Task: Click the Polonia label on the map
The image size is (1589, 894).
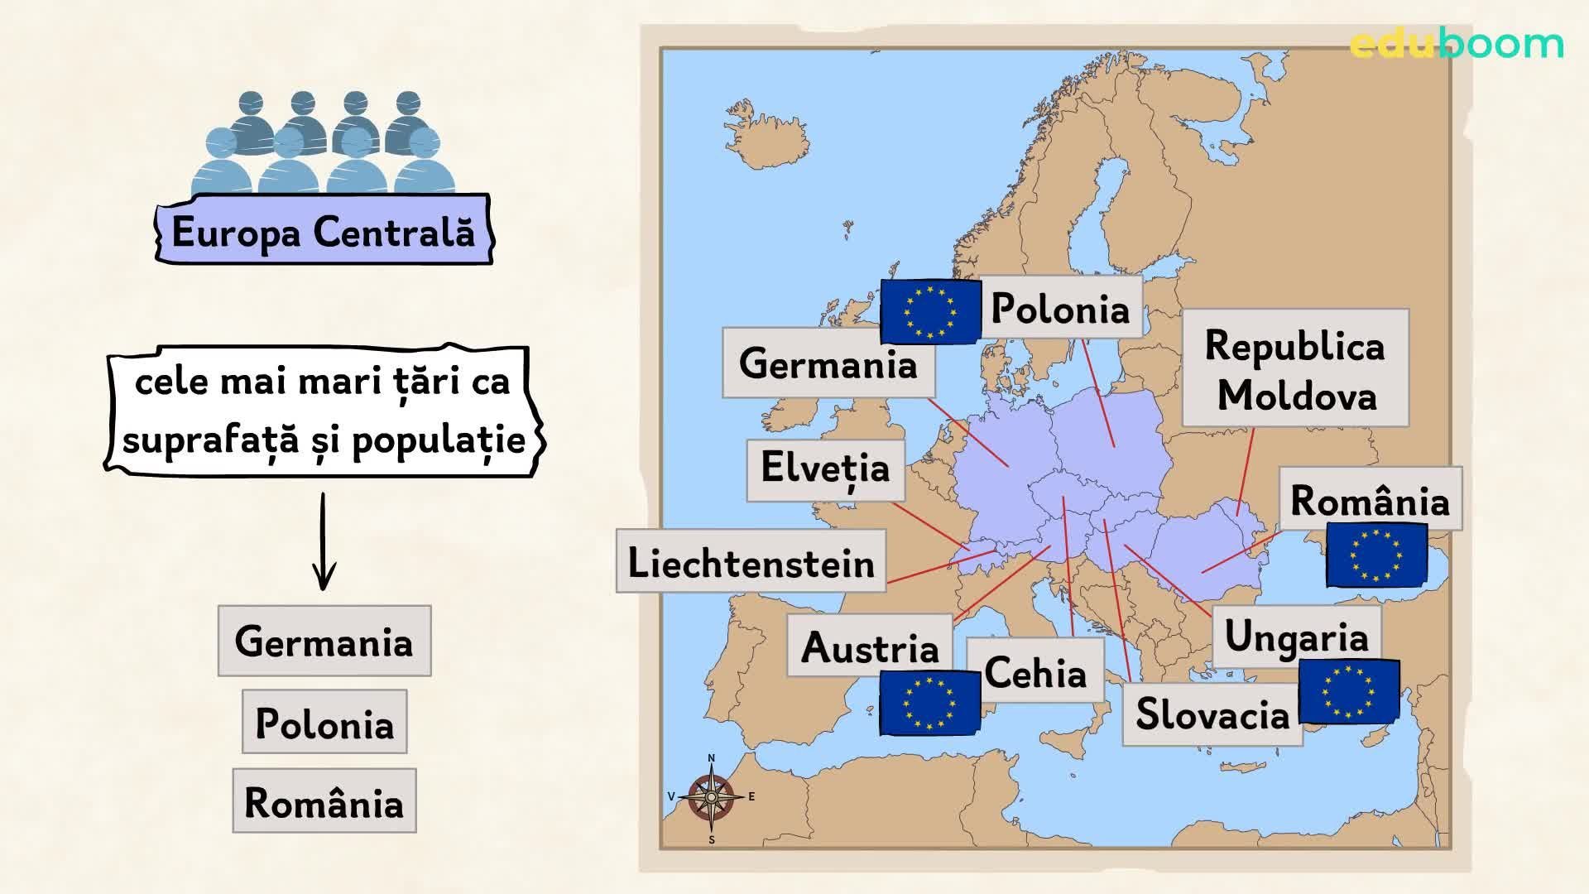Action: pos(1060,309)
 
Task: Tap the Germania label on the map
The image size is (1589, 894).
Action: pos(828,363)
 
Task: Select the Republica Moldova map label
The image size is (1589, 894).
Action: pos(1294,369)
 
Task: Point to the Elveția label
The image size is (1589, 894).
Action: pos(825,469)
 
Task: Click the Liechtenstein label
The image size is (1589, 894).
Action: pos(751,563)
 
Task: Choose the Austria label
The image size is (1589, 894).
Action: pos(870,646)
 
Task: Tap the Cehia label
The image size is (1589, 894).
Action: pos(1035,671)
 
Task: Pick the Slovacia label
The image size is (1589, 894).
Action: pos(1212,714)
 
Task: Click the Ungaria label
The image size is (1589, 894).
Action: pos(1296,636)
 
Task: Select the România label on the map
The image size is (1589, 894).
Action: pos(1370,500)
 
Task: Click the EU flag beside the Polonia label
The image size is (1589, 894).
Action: pos(929,311)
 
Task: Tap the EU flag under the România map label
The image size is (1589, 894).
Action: pos(1375,554)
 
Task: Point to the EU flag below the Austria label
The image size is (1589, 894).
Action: pos(929,703)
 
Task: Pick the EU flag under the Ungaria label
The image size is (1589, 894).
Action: pos(1348,690)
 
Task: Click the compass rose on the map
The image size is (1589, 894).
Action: pos(711,797)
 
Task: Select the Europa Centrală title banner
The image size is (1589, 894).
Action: pos(324,231)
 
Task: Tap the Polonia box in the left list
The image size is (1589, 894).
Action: pos(324,723)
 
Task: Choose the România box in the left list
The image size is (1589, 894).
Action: pos(324,801)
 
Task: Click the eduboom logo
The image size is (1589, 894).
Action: pos(1457,43)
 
